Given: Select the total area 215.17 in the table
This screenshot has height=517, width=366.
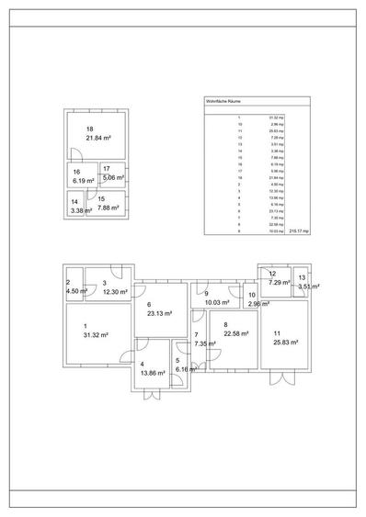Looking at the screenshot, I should pyautogui.click(x=300, y=232).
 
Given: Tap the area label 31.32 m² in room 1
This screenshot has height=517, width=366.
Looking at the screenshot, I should pyautogui.click(x=96, y=335).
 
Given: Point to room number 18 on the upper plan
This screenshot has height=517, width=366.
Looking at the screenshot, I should pyautogui.click(x=89, y=129).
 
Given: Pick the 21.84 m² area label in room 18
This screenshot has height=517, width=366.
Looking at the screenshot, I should pyautogui.click(x=99, y=137).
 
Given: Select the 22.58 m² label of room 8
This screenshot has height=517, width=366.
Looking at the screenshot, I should pyautogui.click(x=236, y=333).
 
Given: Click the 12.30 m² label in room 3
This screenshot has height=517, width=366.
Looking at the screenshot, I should pyautogui.click(x=115, y=291).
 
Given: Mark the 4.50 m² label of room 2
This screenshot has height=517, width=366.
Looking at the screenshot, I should pyautogui.click(x=77, y=291).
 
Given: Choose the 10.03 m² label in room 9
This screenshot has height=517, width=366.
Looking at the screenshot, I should pyautogui.click(x=217, y=301).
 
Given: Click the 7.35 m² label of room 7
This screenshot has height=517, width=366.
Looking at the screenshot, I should pyautogui.click(x=205, y=343).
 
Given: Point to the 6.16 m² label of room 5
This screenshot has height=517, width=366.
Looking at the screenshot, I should pyautogui.click(x=186, y=368).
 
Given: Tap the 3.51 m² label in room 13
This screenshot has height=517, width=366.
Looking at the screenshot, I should pyautogui.click(x=308, y=287).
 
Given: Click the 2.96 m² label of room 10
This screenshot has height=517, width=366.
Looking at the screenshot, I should pyautogui.click(x=258, y=303).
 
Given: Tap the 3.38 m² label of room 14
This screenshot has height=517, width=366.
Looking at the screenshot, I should pyautogui.click(x=81, y=210).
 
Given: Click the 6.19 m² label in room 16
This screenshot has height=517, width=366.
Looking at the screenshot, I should pyautogui.click(x=84, y=180).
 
